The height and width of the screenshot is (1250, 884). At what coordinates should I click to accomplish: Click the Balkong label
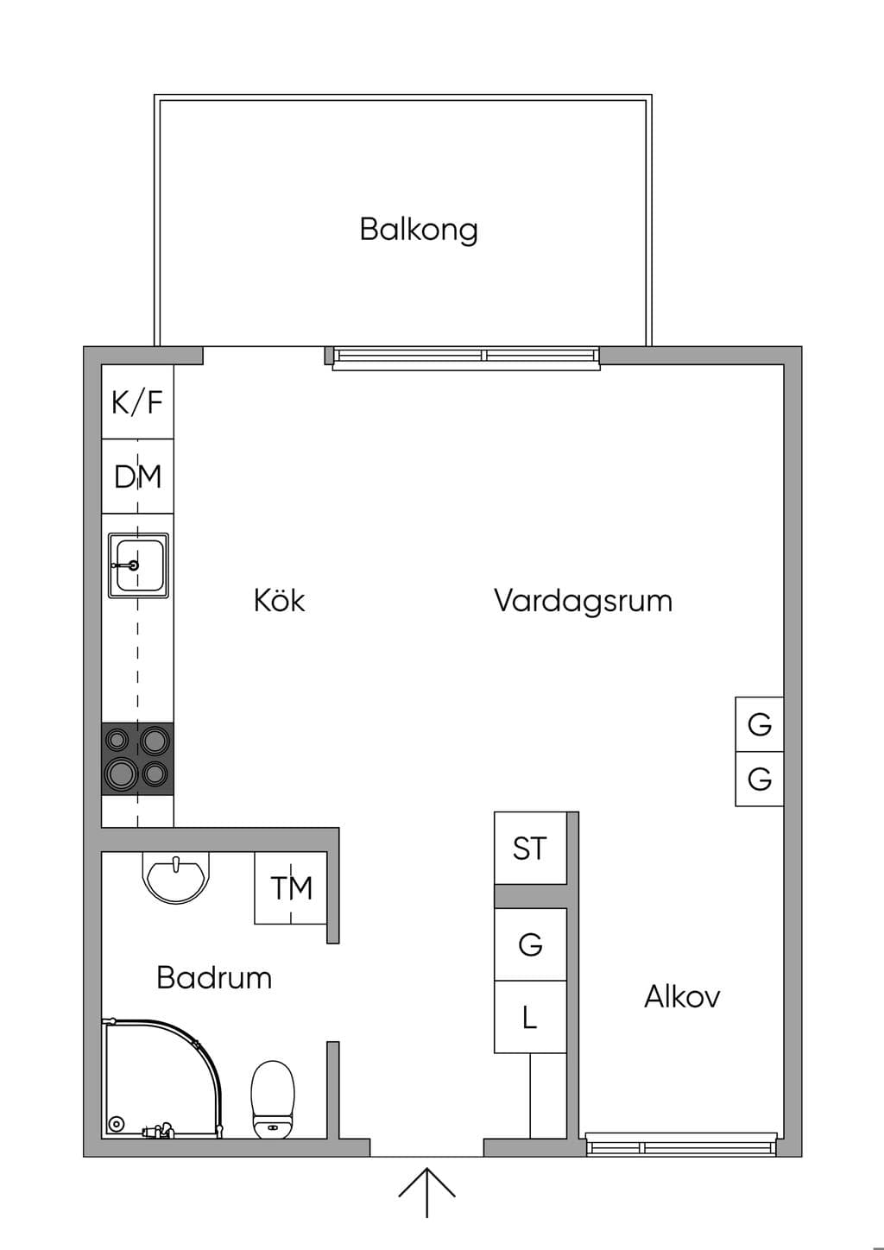[419, 230]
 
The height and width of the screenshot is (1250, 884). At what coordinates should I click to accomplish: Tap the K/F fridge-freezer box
[137, 401]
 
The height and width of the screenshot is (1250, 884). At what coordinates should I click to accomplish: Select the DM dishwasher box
[137, 477]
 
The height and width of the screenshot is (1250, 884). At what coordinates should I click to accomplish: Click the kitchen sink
[138, 565]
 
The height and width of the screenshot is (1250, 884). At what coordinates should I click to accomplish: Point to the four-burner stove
[137, 759]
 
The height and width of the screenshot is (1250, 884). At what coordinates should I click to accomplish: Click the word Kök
[279, 601]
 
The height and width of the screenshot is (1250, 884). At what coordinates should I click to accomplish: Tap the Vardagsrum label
[583, 602]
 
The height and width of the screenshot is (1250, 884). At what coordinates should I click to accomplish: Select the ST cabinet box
[530, 849]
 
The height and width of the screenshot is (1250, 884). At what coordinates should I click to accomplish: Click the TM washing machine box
[291, 887]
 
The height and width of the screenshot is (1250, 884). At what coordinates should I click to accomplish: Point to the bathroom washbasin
[176, 877]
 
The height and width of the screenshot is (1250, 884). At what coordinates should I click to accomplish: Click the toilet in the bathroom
[273, 1099]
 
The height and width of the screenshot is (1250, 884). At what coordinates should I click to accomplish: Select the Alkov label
[682, 996]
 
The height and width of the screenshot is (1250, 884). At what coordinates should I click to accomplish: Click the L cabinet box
[530, 1017]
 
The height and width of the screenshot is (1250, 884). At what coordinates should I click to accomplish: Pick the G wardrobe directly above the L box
[530, 944]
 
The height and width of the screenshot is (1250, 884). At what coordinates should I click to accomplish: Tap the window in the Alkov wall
[681, 1143]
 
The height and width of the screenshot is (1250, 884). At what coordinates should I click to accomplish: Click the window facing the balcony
[466, 358]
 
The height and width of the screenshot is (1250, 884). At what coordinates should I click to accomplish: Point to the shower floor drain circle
[117, 1124]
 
